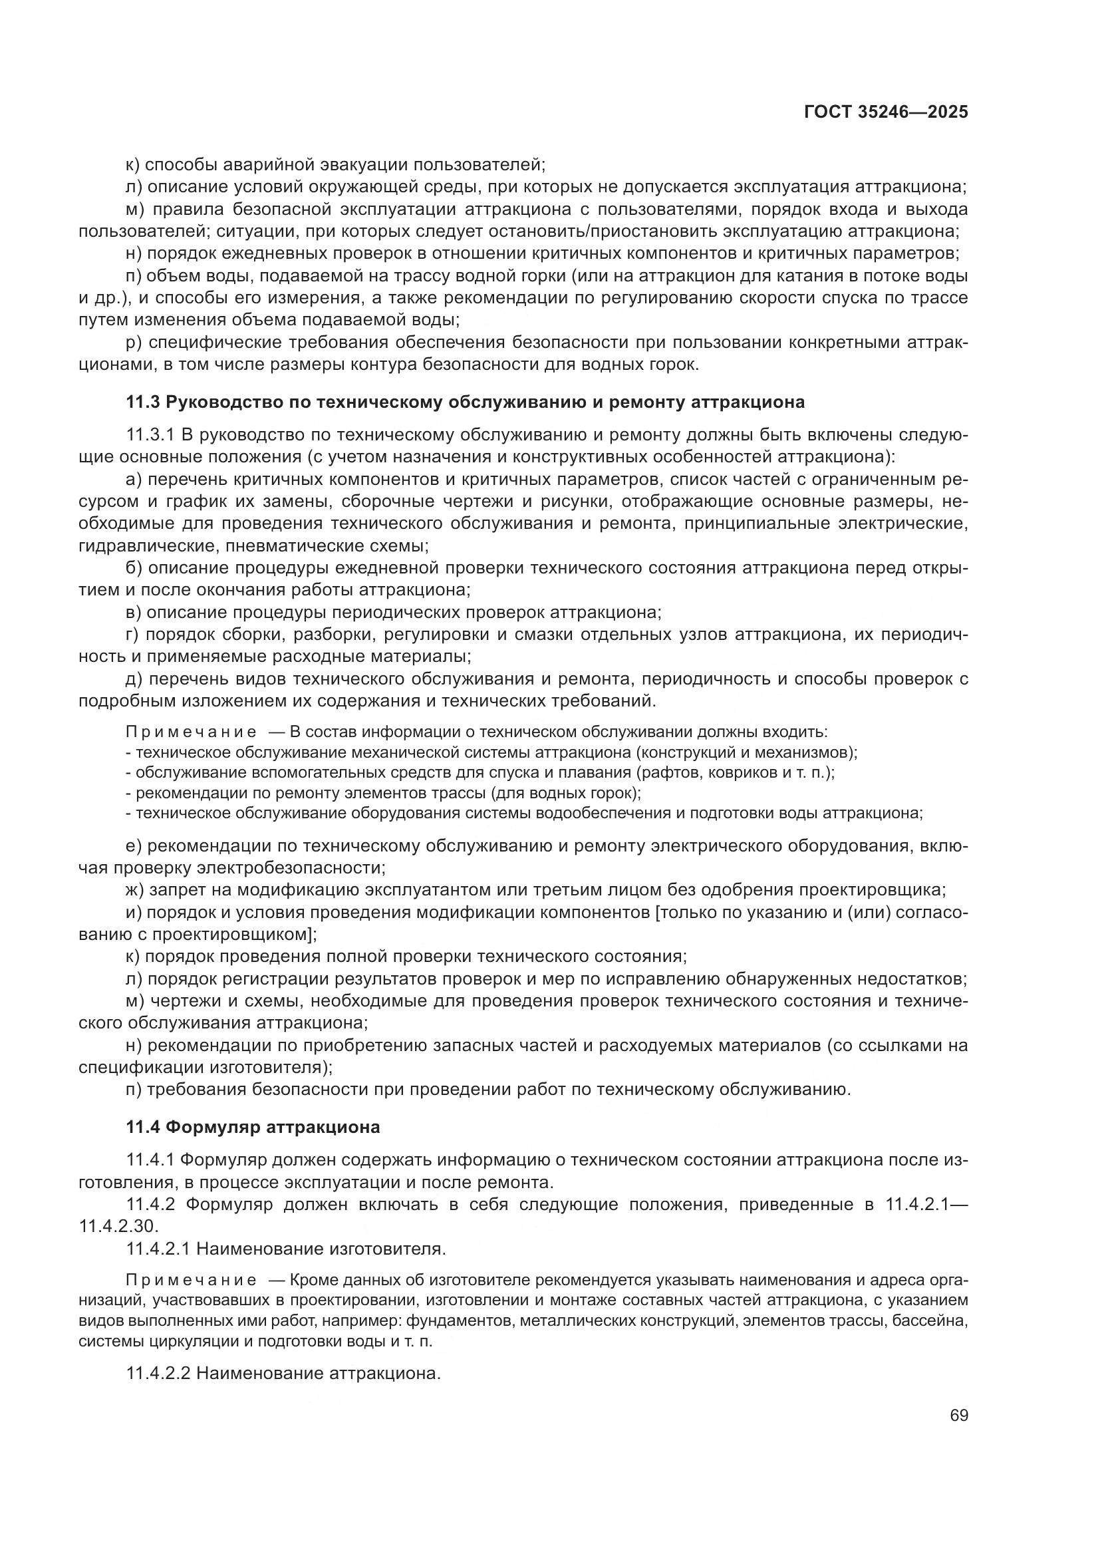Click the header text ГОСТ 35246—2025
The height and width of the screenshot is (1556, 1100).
coord(886,112)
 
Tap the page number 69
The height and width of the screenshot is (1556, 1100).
coord(958,1416)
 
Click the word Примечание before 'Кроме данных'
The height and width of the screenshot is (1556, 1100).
coord(192,1280)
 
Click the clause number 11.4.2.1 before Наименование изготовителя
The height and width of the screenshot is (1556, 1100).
coord(158,1248)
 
